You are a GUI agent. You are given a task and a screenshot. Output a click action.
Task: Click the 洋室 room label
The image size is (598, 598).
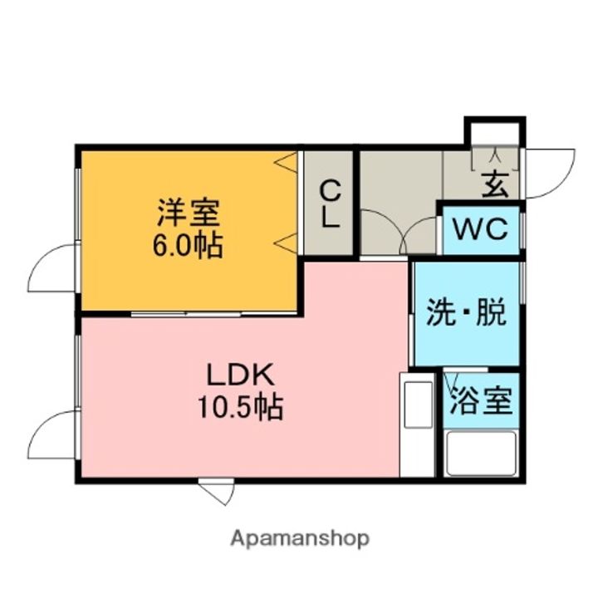[189, 213]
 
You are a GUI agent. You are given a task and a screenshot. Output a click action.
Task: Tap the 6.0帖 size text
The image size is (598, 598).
[188, 246]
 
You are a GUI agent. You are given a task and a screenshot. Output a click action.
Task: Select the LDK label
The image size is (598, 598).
[240, 375]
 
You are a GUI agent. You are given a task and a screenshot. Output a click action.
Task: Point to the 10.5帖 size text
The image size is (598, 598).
[240, 407]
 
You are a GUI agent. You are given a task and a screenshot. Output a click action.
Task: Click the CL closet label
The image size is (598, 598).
[330, 204]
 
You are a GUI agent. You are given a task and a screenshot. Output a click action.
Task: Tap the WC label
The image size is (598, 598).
[480, 229]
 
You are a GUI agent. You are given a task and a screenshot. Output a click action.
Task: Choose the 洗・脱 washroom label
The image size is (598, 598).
[466, 312]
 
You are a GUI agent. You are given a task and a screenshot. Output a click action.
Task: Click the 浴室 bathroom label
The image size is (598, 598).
[481, 400]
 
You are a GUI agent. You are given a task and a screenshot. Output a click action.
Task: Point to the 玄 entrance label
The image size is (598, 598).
[495, 184]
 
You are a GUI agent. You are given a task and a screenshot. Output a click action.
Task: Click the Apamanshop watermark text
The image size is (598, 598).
[300, 539]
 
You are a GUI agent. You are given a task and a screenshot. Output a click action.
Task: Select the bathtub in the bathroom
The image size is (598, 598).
[481, 453]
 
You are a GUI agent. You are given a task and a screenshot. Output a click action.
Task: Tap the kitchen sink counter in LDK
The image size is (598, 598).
[417, 424]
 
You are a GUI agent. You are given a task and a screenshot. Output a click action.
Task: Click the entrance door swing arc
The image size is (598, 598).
[550, 173]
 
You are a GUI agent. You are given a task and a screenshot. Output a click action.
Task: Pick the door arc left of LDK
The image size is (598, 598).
[52, 434]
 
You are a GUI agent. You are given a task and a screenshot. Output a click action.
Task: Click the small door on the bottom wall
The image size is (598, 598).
[216, 491]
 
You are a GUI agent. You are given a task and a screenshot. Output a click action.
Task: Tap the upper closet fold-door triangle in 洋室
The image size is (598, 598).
[286, 163]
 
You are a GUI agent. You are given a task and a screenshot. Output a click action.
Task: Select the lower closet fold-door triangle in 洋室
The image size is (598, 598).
[286, 243]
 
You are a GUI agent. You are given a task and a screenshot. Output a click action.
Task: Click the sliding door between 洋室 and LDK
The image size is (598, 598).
[213, 314]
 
